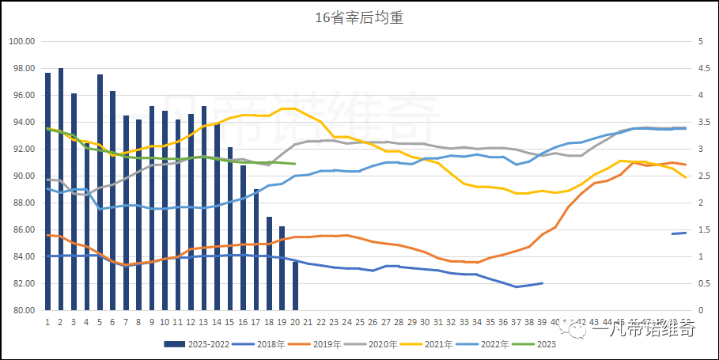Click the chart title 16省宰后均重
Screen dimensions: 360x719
[x=359, y=17]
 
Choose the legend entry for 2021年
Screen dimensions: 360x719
[x=439, y=344]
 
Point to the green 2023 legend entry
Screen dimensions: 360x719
[x=546, y=344]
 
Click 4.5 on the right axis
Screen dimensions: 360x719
[x=702, y=68]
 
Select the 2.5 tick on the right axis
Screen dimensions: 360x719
[x=702, y=176]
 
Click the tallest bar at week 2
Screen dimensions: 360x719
[x=61, y=190]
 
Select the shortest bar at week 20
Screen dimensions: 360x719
[x=295, y=286]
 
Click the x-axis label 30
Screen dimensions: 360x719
[x=425, y=322]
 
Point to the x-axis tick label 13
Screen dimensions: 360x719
[x=203, y=322]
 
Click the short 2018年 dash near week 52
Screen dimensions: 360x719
[x=679, y=233]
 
